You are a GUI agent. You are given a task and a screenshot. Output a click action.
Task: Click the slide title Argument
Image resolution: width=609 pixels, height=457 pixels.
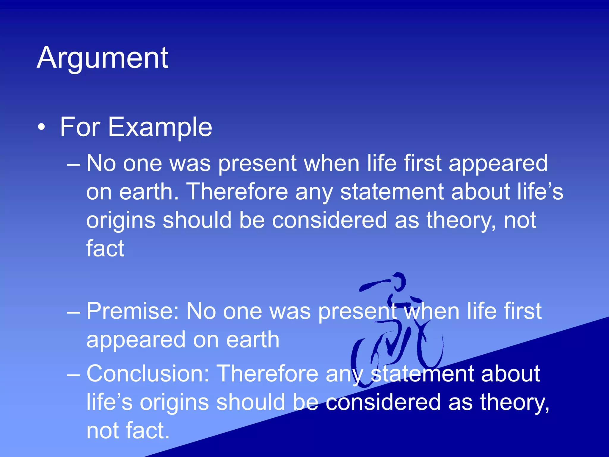tap(103, 58)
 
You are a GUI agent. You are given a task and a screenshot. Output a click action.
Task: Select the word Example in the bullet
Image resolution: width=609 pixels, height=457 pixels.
tap(160, 127)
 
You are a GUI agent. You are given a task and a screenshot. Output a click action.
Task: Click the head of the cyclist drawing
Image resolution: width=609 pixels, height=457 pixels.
tap(398, 281)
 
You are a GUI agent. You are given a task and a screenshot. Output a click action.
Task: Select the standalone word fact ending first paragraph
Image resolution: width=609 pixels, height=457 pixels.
tap(105, 248)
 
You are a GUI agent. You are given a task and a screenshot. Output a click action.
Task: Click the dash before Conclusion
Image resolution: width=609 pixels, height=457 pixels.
tap(73, 374)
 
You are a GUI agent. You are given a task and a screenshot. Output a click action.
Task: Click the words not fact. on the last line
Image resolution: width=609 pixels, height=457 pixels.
tap(128, 431)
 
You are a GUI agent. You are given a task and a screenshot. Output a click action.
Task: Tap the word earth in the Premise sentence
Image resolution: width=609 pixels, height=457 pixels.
tap(252, 339)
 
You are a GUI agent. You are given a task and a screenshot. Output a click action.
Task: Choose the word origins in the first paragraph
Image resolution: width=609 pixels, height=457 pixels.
tap(121, 220)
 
